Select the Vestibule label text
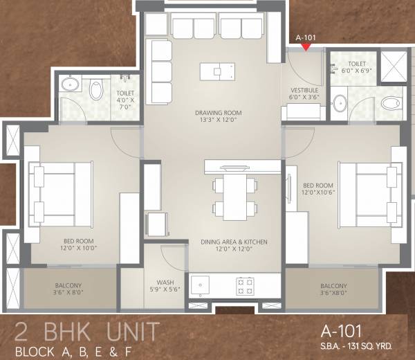(304, 91)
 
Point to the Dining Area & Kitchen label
(234, 242)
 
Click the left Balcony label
(68, 285)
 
